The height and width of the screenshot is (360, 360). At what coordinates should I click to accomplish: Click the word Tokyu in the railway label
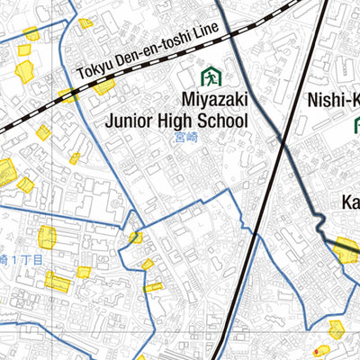point(97,69)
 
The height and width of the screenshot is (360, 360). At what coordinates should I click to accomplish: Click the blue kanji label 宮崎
point(186,139)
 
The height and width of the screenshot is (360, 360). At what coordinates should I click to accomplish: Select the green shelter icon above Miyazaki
point(211,76)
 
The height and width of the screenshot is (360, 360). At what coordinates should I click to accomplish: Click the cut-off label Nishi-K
point(333,99)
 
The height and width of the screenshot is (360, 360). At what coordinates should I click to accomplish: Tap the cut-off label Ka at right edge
point(350,203)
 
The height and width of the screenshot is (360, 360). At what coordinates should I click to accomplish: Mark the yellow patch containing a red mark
point(320,352)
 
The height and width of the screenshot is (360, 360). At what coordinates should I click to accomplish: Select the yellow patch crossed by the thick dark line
point(345,249)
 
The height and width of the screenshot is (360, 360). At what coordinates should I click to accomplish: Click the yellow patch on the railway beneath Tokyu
point(103,86)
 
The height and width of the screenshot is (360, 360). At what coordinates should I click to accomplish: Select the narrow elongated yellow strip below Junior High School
point(154,287)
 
